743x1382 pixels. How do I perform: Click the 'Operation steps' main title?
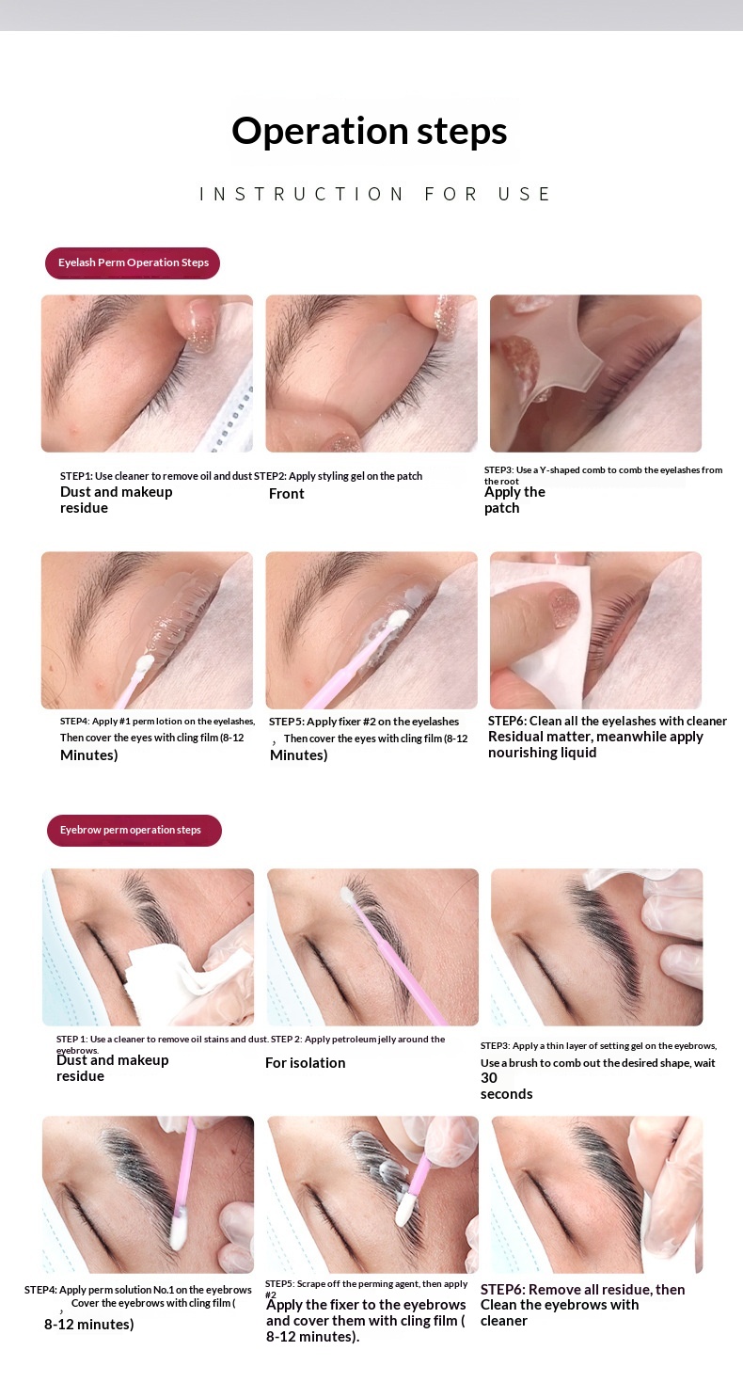pyautogui.click(x=370, y=132)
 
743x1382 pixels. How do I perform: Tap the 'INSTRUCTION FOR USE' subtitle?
pyautogui.click(x=375, y=195)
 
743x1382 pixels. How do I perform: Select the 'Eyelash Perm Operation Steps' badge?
pyautogui.click(x=133, y=262)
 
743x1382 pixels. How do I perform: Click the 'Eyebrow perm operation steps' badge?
pyautogui.click(x=134, y=831)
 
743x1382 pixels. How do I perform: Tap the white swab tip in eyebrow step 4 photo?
pyautogui.click(x=178, y=1230)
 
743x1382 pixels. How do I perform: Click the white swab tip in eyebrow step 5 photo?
pyautogui.click(x=405, y=1209)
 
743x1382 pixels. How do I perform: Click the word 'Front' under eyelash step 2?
pyautogui.click(x=286, y=494)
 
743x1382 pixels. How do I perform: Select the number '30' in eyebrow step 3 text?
pyautogui.click(x=488, y=1078)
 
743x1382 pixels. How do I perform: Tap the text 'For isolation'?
pyautogui.click(x=306, y=1062)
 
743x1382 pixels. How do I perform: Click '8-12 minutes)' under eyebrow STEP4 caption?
pyautogui.click(x=88, y=1324)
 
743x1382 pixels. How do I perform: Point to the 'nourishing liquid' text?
pyautogui.click(x=542, y=753)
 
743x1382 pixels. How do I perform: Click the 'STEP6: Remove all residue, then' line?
pyautogui.click(x=583, y=1290)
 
